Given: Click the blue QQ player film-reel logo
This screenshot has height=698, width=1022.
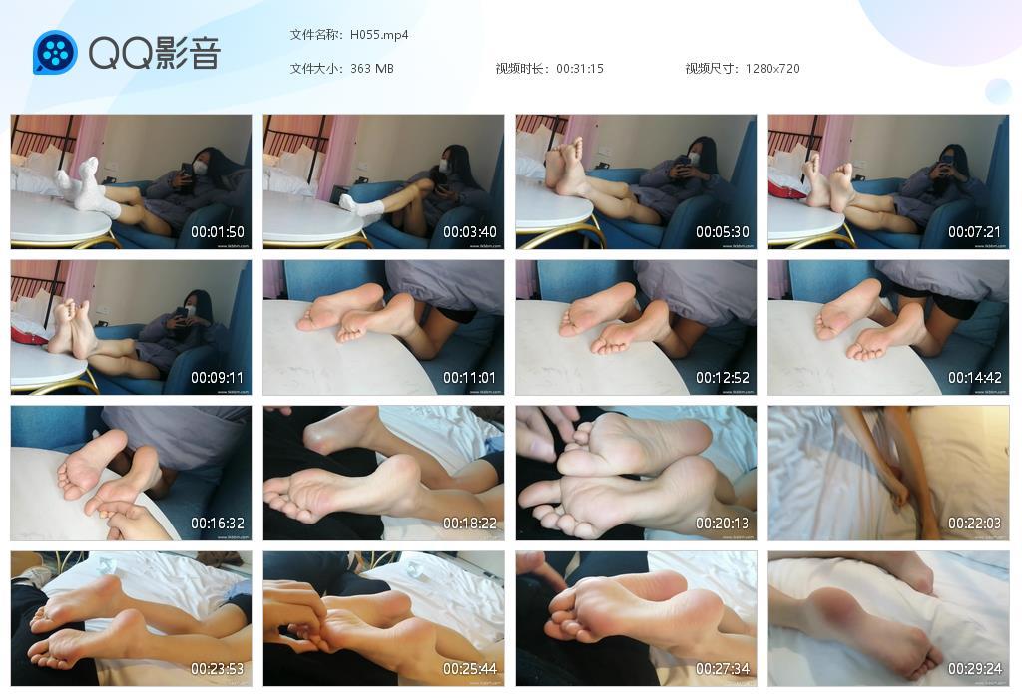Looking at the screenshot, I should (55, 53).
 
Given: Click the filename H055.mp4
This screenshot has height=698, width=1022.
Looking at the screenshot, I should (379, 35).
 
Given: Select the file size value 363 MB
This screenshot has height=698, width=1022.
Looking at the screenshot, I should (372, 69).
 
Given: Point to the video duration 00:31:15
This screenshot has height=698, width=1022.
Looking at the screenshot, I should (580, 69).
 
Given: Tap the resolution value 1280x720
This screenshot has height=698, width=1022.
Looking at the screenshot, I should (772, 69).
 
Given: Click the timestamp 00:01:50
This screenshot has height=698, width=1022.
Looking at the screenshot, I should (218, 232).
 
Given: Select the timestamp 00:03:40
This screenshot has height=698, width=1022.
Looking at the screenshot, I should (470, 232).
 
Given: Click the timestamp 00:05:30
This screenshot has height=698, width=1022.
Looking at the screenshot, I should (723, 232).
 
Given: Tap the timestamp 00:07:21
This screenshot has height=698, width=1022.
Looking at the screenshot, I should (974, 232).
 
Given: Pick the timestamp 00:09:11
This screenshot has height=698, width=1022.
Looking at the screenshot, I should (218, 378).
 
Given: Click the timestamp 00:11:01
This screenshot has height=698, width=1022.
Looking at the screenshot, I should (470, 378).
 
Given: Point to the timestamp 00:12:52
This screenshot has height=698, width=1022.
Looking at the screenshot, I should (723, 378).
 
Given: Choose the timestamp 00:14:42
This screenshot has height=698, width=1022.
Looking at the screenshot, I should (974, 378).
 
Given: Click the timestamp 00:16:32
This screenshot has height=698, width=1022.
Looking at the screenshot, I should (218, 523).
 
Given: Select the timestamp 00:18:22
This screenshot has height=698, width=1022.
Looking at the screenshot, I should (470, 523).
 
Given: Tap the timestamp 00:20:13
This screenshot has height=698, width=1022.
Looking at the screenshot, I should (723, 523).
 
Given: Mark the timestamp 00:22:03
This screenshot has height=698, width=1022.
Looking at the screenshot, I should (974, 523).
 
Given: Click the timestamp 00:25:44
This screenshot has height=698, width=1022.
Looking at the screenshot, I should (470, 669).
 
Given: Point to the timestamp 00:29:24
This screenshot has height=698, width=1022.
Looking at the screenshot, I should (974, 669).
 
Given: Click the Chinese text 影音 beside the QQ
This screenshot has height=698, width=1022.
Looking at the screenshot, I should (187, 53).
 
